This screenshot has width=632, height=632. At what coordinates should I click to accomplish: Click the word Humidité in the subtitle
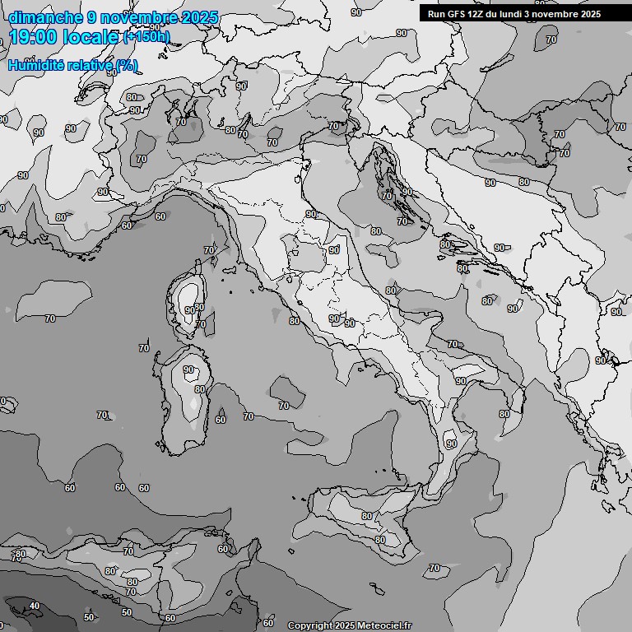(x=37, y=66)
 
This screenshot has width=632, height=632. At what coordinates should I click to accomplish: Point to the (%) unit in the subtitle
(x=127, y=66)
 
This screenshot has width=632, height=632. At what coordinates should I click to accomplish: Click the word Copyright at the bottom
(x=309, y=625)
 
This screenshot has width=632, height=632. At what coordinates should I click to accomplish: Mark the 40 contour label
(x=34, y=606)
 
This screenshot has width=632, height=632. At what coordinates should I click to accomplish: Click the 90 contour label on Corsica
(x=190, y=310)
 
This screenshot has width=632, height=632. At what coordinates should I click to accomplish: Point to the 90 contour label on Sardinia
(x=189, y=370)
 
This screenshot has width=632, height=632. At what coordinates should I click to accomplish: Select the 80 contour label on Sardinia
(x=199, y=389)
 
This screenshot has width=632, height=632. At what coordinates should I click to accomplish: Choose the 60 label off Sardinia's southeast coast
(x=221, y=420)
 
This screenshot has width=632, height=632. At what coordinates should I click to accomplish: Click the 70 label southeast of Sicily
(x=434, y=569)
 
